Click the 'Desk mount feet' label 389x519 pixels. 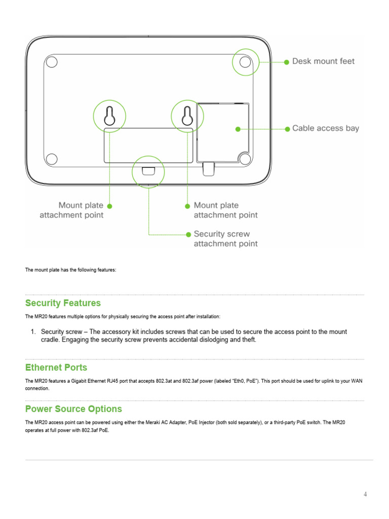(323, 61)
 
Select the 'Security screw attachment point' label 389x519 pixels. (225, 239)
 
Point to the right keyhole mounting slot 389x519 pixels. (187, 116)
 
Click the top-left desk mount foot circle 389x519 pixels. (51, 62)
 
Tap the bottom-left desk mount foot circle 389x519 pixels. (51, 159)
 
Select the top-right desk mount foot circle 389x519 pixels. (245, 62)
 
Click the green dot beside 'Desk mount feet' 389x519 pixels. (287, 62)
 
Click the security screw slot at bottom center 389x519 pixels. (148, 171)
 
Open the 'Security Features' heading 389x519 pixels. (63, 303)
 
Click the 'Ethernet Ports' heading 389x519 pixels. (56, 367)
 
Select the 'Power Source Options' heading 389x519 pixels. (73, 409)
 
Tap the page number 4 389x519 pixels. (365, 495)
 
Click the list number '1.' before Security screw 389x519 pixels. (33, 332)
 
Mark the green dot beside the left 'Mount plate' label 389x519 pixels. (109, 206)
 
